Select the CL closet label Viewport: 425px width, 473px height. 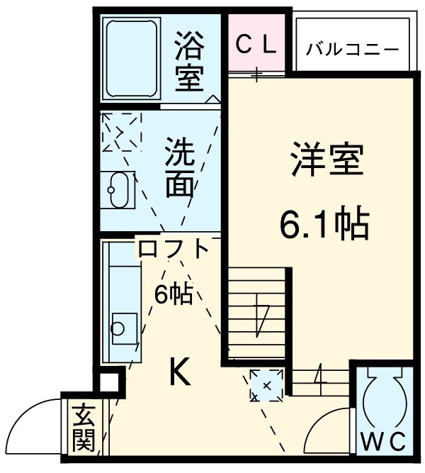tap(256, 45)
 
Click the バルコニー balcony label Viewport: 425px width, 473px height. tap(352, 50)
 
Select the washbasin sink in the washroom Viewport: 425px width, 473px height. tap(116, 191)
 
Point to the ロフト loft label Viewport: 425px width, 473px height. tap(174, 250)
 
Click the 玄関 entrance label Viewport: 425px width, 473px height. tap(84, 428)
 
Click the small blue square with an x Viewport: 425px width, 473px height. tap(266, 385)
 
